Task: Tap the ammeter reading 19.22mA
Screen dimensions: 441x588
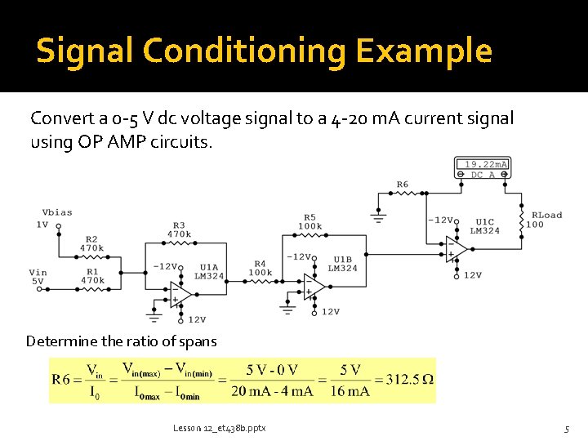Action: pos(482,164)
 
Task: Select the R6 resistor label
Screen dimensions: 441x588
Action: pos(402,185)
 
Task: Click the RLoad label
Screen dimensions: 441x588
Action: pos(546,216)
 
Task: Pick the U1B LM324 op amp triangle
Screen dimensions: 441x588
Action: pos(314,285)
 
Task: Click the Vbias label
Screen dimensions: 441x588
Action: pos(57,212)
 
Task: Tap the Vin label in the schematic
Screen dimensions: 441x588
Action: pos(38,273)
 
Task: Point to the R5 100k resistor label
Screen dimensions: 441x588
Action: pos(310,221)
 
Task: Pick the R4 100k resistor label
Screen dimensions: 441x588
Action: pos(261,267)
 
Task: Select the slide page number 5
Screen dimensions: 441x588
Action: pos(565,428)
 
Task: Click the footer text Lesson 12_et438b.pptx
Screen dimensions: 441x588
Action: pos(219,428)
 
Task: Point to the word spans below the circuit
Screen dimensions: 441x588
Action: pos(198,341)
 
